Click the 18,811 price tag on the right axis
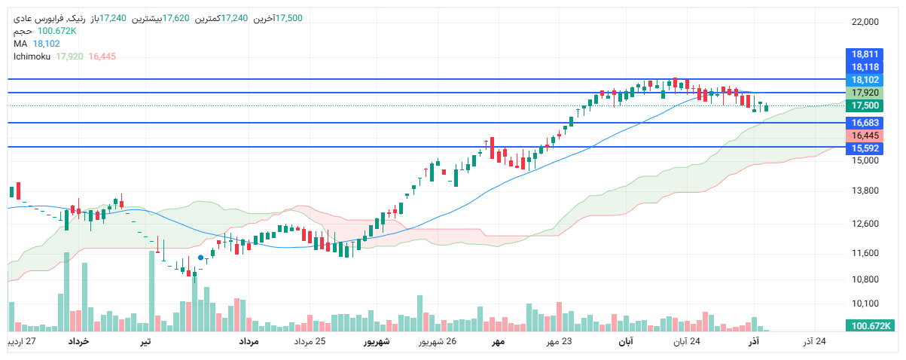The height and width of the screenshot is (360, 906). click(865, 54)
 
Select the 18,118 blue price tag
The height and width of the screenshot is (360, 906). click(865, 67)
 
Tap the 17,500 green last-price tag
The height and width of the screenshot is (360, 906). click(865, 105)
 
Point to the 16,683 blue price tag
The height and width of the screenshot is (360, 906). click(865, 122)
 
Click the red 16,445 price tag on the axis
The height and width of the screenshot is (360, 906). click(865, 135)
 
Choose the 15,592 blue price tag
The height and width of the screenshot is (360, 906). click(865, 148)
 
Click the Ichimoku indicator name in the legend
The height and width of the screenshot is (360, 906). click(32, 56)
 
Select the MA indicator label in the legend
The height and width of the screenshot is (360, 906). click(20, 44)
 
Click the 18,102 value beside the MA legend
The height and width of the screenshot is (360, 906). click(46, 44)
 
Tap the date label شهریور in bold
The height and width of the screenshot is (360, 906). click(377, 343)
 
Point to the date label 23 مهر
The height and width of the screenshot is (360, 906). click(558, 343)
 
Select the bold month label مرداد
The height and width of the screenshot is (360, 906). click(249, 343)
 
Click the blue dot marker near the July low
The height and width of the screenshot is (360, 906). click(200, 258)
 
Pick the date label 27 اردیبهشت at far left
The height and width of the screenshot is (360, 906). click(21, 343)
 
